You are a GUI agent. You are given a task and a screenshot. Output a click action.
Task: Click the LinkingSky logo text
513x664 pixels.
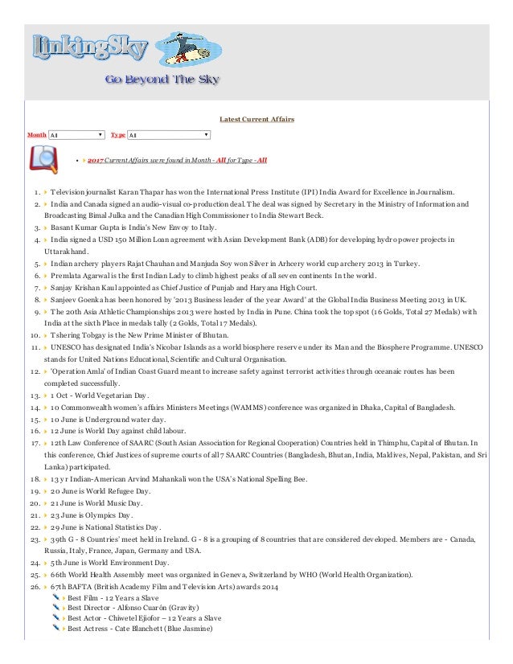coord(88,50)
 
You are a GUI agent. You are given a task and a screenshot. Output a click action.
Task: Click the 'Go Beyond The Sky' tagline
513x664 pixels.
coord(162,80)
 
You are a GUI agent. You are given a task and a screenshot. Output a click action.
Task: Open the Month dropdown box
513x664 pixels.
coord(76,136)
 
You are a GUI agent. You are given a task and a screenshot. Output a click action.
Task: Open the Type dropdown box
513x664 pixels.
coord(169,136)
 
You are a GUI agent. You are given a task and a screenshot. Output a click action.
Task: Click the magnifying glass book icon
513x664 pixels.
coord(42,159)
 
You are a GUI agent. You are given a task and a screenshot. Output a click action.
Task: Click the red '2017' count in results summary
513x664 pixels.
coord(97,161)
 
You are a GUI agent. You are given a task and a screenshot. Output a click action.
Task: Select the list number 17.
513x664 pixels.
coord(35,443)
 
